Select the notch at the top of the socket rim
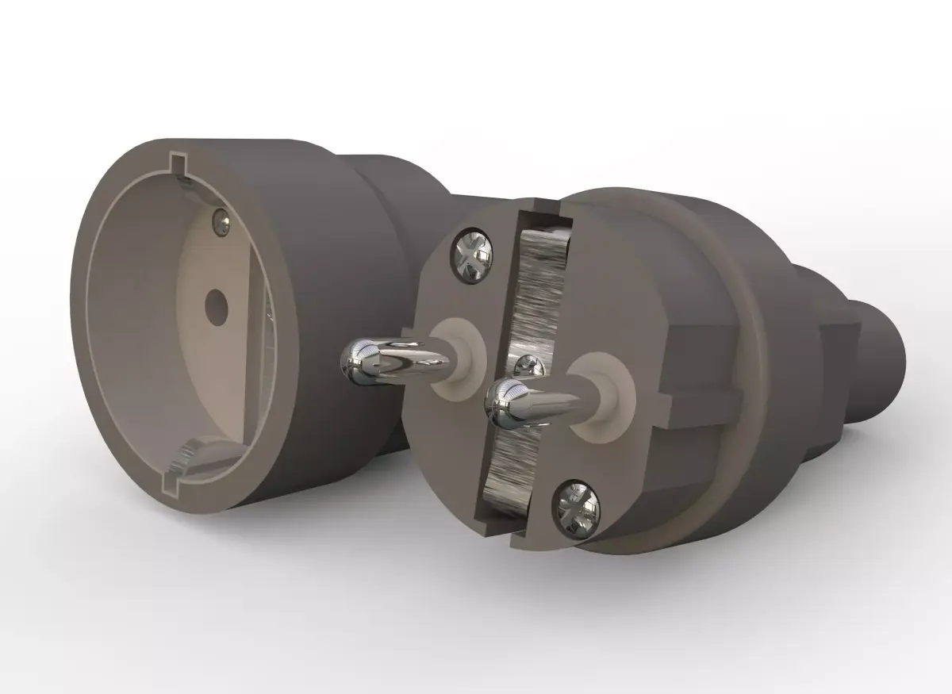pyautogui.click(x=179, y=163)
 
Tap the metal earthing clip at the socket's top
pyautogui.click(x=184, y=181)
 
